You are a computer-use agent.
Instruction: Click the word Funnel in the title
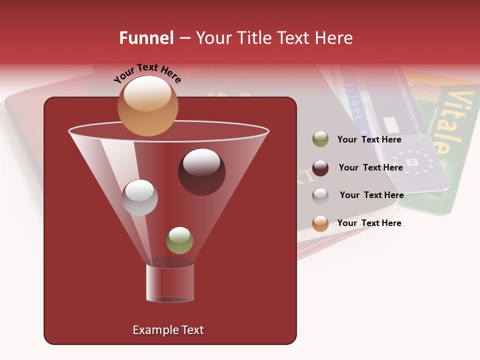[146, 38]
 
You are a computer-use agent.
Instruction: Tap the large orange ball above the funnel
[147, 105]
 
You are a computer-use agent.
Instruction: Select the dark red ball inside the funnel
[201, 171]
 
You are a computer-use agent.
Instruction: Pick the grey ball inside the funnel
[139, 197]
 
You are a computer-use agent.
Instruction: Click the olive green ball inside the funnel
[179, 240]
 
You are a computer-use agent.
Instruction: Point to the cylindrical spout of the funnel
[170, 283]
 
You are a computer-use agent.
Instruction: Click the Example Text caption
[168, 330]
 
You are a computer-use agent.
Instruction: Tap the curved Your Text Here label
[147, 73]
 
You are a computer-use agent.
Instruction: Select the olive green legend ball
[320, 139]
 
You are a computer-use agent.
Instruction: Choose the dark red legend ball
[320, 168]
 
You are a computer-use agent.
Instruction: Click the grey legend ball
[320, 195]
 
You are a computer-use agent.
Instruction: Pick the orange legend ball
[320, 223]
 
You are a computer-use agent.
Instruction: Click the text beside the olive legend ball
[369, 139]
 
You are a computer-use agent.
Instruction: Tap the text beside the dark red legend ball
[370, 167]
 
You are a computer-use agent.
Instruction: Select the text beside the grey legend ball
[371, 195]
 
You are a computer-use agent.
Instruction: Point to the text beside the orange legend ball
[369, 223]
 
